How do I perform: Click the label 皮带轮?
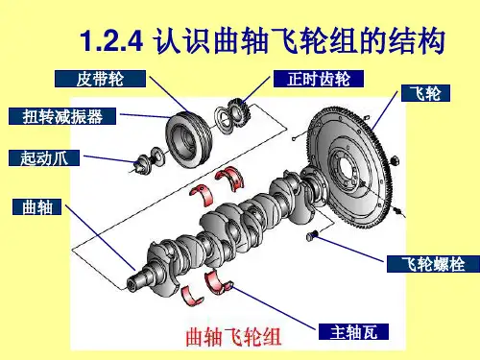point(100,79)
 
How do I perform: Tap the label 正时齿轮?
point(319,79)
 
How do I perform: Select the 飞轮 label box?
point(425,93)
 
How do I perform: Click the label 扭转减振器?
point(62,116)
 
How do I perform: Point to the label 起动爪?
point(44,157)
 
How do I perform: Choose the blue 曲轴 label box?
point(36,206)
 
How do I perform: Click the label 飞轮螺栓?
point(433,264)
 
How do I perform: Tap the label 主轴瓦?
point(353,331)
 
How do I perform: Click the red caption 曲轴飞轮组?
point(233,337)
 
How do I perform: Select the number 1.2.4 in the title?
point(111,41)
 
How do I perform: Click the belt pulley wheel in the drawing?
point(189,139)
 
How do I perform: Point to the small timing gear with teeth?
point(239,112)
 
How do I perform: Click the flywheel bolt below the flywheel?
point(311,235)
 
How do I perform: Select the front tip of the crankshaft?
point(132,283)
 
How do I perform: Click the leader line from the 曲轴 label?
point(101,238)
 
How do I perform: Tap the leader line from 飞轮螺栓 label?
point(349,249)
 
